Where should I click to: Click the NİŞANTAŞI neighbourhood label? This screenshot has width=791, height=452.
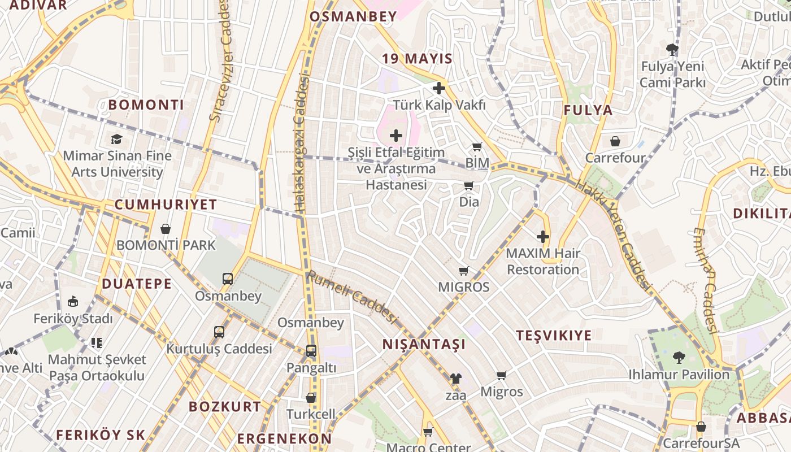click(x=424, y=344)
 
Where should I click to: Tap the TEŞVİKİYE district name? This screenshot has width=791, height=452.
click(x=554, y=336)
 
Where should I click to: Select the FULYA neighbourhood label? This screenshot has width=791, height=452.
click(x=588, y=110)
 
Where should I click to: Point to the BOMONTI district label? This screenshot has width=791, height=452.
click(x=146, y=105)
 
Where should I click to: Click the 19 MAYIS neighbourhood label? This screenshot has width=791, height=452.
click(x=417, y=59)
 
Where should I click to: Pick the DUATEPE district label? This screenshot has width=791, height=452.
click(x=137, y=284)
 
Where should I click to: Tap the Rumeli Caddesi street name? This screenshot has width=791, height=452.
click(x=351, y=297)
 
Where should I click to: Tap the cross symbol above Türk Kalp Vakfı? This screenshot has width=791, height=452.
click(x=439, y=88)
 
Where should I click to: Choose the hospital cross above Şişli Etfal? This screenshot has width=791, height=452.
click(x=396, y=136)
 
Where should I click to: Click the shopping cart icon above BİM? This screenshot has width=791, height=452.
click(x=477, y=147)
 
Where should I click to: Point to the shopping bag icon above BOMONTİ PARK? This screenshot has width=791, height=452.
click(x=166, y=229)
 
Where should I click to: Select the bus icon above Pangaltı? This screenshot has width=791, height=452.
click(x=311, y=351)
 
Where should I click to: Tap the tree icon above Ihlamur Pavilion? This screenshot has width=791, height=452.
click(x=679, y=358)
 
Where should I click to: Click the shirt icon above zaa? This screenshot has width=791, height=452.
click(x=455, y=379)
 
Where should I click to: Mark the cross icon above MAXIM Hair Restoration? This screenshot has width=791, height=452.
click(x=543, y=237)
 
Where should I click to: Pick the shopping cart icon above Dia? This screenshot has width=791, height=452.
click(x=468, y=186)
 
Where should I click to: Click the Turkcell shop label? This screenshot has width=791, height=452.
click(x=311, y=414)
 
